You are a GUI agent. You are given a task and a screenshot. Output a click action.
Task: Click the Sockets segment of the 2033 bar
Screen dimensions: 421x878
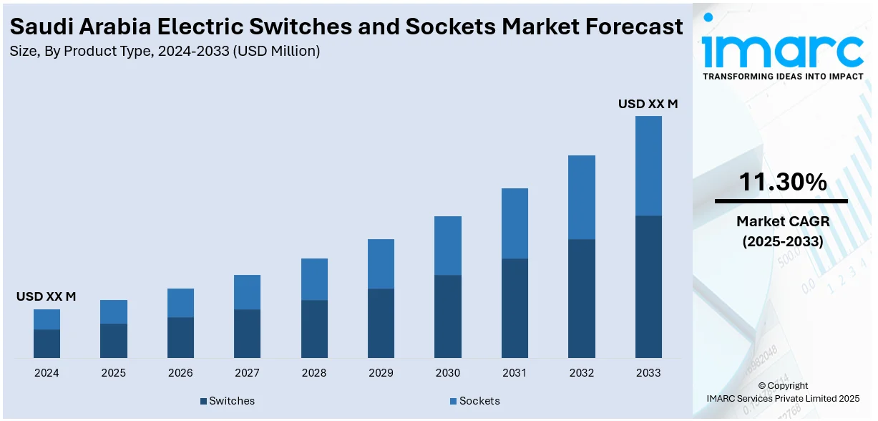click(x=648, y=165)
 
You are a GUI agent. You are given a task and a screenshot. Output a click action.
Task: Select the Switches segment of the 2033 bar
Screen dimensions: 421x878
click(x=648, y=286)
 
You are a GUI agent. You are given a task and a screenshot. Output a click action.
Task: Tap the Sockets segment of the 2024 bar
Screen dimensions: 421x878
click(x=47, y=319)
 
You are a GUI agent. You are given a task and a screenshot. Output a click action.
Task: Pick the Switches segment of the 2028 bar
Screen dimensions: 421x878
click(x=314, y=329)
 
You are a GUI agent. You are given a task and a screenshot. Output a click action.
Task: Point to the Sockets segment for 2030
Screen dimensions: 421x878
click(x=448, y=246)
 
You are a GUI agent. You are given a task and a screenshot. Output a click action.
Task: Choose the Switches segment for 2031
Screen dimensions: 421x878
click(x=514, y=308)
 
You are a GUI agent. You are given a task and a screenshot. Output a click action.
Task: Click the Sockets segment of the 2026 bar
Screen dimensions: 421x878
click(x=180, y=303)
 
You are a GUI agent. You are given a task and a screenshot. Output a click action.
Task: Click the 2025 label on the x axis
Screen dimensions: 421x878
click(x=113, y=373)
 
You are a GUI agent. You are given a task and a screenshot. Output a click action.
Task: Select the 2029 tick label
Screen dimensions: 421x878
click(x=381, y=373)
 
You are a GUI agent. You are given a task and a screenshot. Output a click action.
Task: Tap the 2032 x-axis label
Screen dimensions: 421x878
click(x=582, y=373)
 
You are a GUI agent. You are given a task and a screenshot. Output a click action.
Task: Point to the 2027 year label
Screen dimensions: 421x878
click(x=247, y=373)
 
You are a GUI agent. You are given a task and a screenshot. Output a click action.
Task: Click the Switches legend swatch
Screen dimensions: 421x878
click(x=204, y=401)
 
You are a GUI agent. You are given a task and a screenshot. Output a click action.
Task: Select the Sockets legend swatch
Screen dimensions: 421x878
click(x=454, y=401)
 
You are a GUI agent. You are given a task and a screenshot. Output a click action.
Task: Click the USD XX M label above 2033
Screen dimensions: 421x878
click(x=648, y=104)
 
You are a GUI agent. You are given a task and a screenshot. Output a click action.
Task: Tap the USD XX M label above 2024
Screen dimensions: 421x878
click(x=46, y=296)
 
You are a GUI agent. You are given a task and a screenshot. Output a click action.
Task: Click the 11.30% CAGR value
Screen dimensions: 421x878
click(x=782, y=183)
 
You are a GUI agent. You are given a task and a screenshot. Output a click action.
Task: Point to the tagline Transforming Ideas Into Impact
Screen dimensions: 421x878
click(x=783, y=76)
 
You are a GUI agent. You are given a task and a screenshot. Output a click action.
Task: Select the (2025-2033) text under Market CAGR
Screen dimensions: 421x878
click(x=782, y=242)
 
